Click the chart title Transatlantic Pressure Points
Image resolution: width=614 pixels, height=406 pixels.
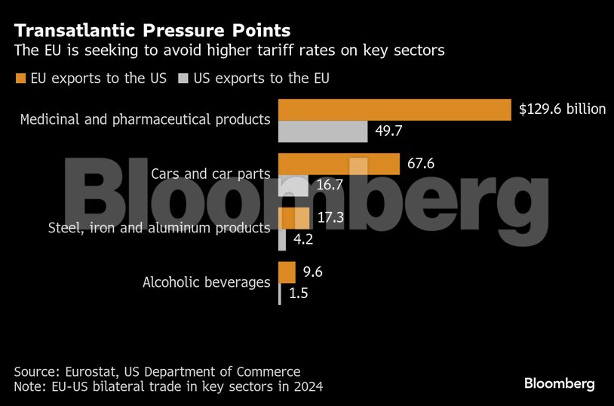pos(152,31)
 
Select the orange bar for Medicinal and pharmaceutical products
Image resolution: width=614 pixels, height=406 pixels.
pos(395,109)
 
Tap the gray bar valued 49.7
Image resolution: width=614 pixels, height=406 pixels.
pos(323,131)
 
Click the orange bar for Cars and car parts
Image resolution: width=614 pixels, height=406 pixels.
pos(339,164)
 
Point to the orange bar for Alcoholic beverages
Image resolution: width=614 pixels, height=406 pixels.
pos(287,272)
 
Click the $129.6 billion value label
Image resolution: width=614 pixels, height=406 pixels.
pos(562,109)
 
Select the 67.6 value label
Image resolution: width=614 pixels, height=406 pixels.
pos(421,164)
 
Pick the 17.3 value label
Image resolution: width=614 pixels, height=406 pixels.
pos(330,218)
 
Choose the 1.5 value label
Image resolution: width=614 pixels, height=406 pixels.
pos(299,294)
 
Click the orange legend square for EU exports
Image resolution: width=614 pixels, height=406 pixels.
pos(20,78)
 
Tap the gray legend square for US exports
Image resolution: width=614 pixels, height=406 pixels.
pos(183,78)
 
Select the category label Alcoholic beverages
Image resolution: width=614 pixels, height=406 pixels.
pos(207,283)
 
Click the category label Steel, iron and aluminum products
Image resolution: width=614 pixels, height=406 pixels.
pos(159,228)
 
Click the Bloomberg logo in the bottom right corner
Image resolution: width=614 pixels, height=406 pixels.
pos(559,384)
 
